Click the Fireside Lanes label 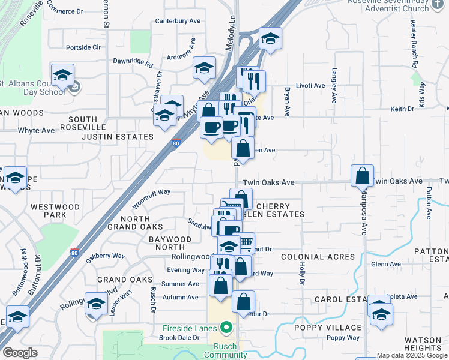[191, 328]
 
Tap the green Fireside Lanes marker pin [226, 328]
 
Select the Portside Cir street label [83, 47]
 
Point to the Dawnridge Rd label [134, 61]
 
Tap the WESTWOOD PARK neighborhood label [55, 211]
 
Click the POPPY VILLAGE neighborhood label [328, 328]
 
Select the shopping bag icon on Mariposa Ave [363, 176]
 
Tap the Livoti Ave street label [310, 86]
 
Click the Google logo [20, 353]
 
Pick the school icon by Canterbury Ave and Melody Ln [270, 40]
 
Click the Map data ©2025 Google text [412, 355]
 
